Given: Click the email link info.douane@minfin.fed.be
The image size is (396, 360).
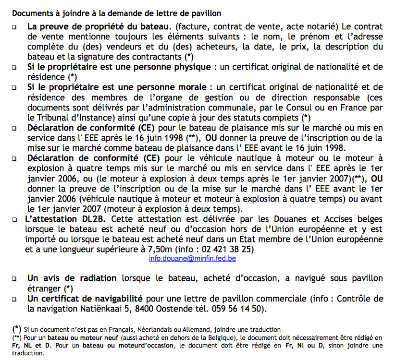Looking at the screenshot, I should click(x=192, y=258).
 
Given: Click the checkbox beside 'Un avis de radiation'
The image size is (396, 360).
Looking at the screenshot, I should click(x=15, y=278).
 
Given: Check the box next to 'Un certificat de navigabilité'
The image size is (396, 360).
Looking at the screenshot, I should click(x=15, y=299).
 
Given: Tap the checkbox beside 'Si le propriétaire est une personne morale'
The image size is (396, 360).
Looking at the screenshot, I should click(x=15, y=88).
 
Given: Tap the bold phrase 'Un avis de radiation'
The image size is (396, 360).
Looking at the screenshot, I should click(x=72, y=278).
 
